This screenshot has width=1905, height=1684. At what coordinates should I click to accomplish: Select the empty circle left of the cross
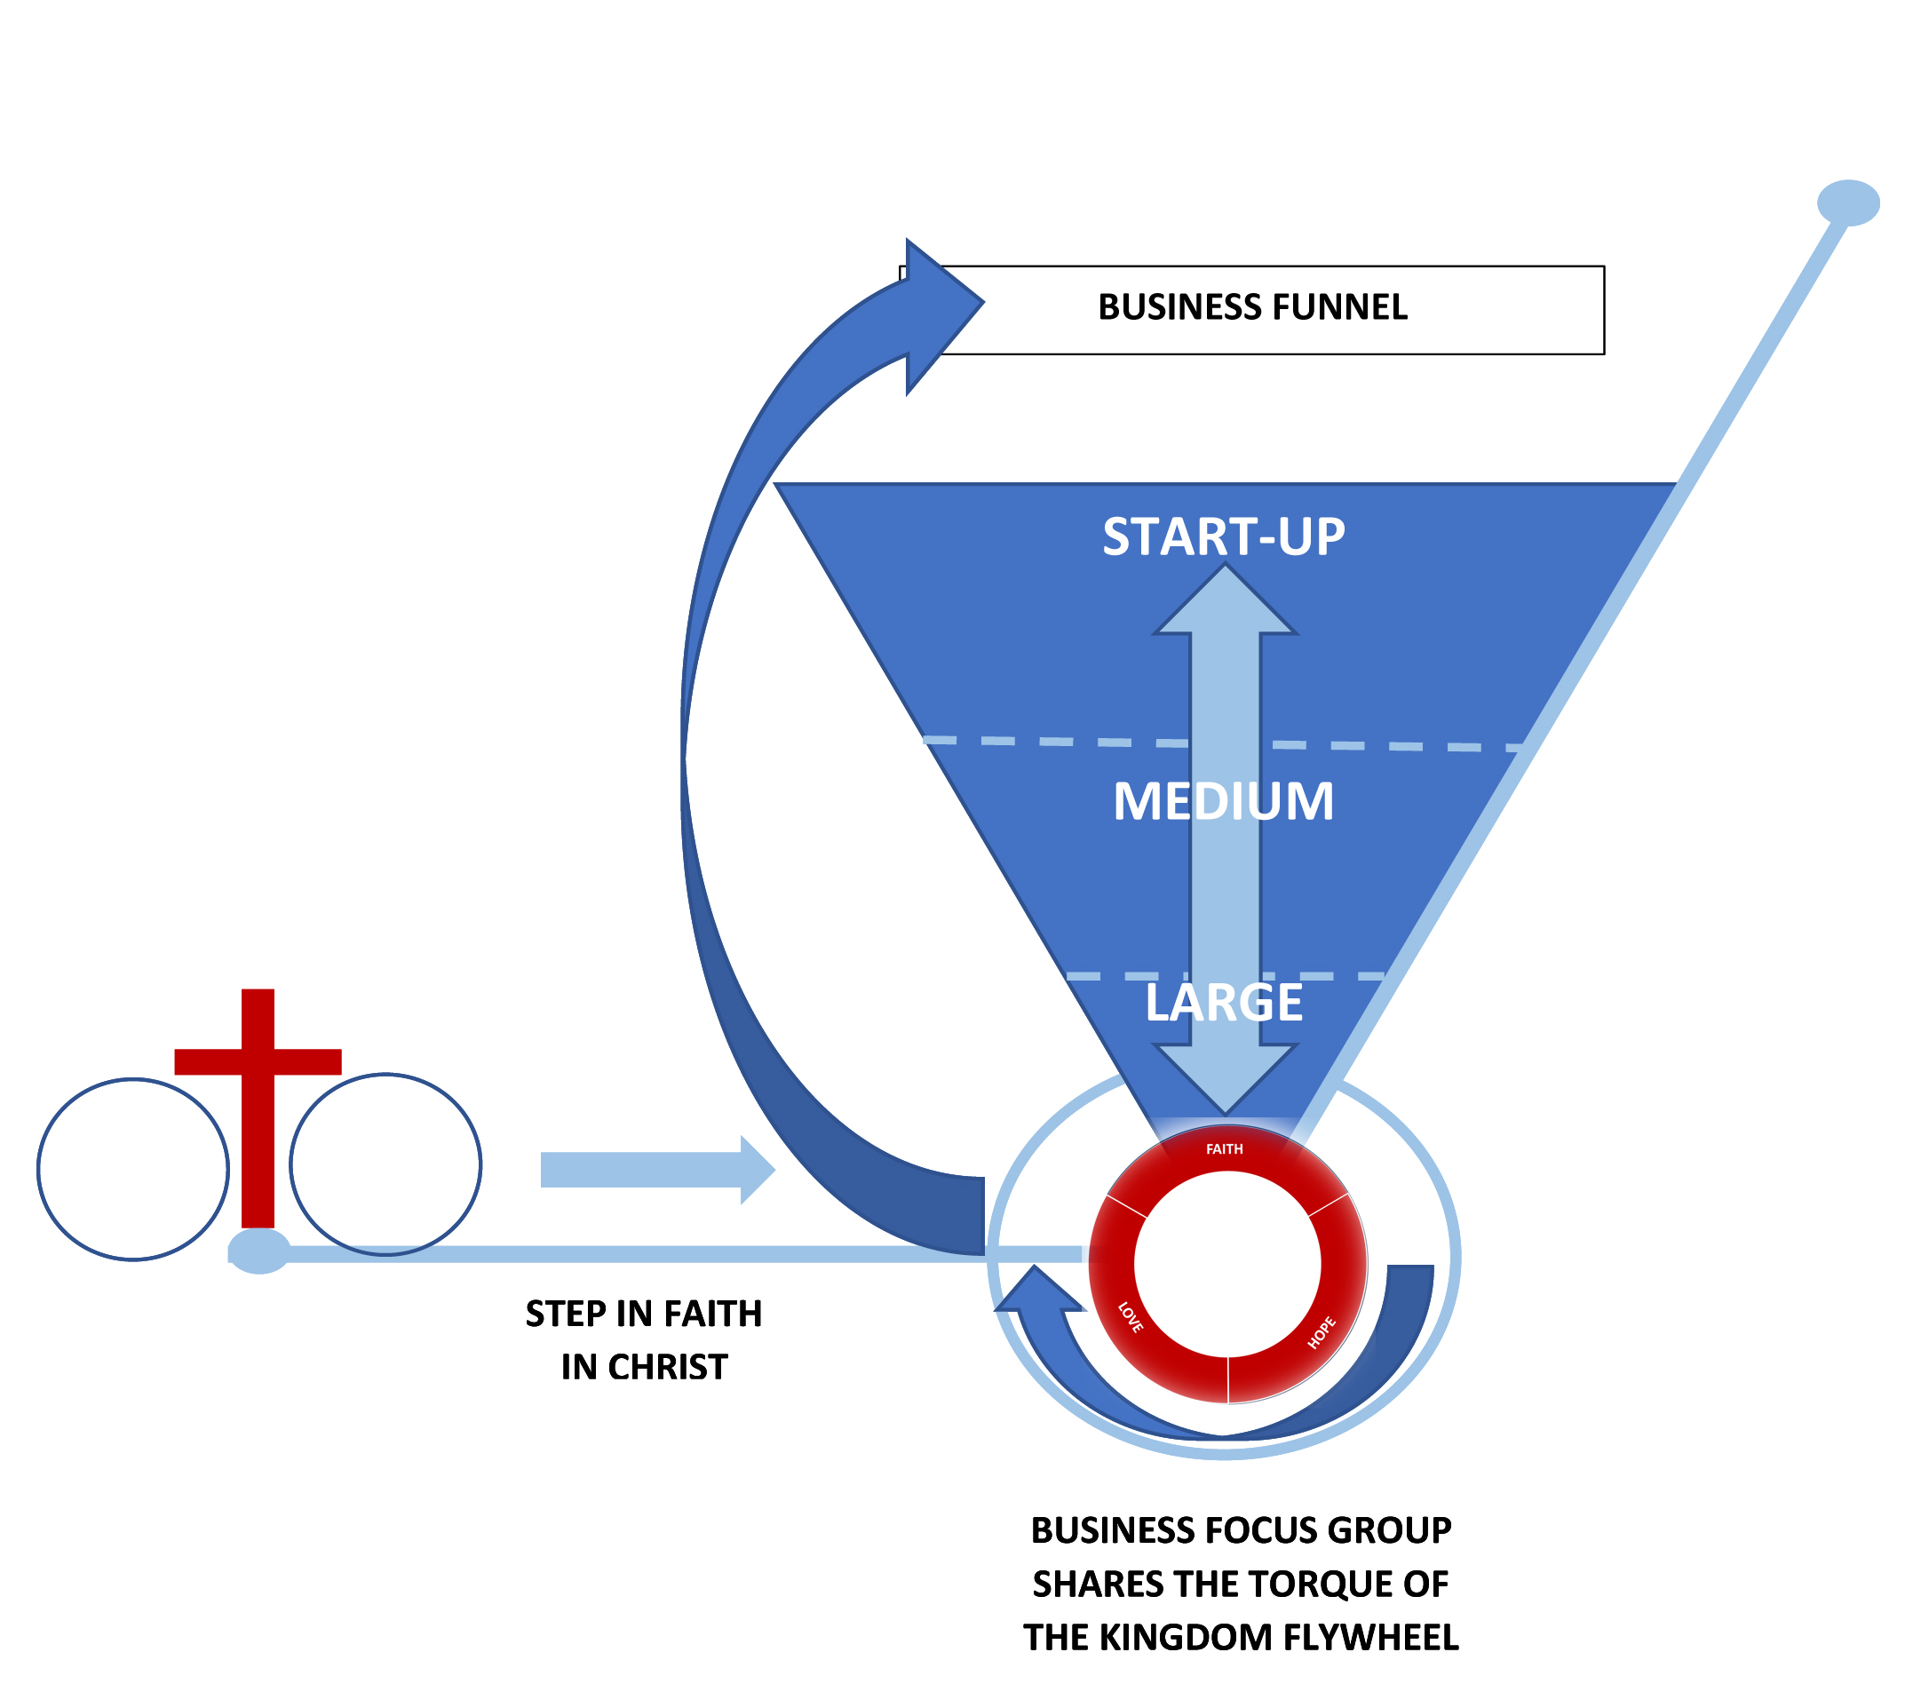[133, 1169]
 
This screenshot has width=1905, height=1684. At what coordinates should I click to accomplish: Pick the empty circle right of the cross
[385, 1164]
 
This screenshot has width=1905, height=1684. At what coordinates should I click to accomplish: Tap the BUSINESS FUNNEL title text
[1251, 307]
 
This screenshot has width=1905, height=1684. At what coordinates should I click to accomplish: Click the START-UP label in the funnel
[1223, 536]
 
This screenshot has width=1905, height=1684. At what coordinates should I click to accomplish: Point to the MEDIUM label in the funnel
[1223, 801]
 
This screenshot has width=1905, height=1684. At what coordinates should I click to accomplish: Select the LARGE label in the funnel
[1223, 1003]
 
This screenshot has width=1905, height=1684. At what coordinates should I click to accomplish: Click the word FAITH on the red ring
[1224, 1149]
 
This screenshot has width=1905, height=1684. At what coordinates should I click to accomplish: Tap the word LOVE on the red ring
[1130, 1317]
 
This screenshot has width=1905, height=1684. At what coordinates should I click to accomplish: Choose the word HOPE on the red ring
[1321, 1332]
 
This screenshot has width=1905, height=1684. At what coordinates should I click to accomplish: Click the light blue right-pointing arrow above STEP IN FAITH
[657, 1170]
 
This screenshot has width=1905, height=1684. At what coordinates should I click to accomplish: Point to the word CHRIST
[667, 1367]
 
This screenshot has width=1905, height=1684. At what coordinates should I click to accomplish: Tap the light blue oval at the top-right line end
[1847, 203]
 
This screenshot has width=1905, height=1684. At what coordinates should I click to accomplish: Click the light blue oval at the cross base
[259, 1251]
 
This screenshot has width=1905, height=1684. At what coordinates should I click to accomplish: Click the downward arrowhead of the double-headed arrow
[1225, 1076]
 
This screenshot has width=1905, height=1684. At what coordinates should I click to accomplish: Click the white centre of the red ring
[1226, 1263]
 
